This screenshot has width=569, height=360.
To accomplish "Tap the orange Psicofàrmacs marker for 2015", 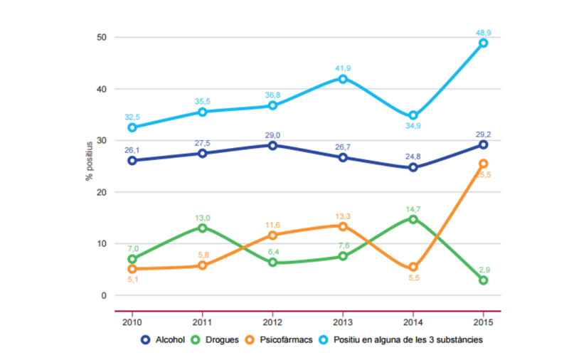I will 483,164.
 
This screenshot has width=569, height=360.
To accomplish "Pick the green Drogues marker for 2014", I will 413,219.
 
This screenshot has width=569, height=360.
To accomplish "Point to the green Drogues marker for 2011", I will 203,228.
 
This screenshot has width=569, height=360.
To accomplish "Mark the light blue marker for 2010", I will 132,127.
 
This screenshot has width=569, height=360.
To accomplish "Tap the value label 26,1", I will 132,150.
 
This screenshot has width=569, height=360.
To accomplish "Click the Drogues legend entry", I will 218,339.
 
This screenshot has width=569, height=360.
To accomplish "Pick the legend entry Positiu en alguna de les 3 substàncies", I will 390,339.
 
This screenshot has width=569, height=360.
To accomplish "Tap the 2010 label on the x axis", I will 132,321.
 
